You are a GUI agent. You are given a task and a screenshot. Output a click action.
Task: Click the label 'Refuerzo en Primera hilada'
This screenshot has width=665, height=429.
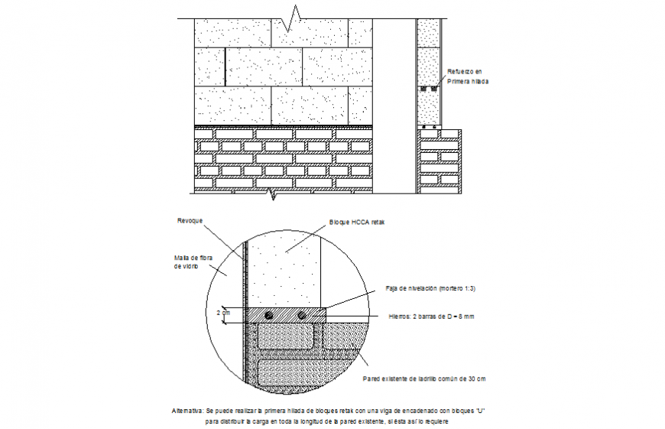pyautogui.click(x=467, y=76)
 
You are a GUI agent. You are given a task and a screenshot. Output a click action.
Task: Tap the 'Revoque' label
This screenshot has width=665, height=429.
pyautogui.click(x=190, y=220)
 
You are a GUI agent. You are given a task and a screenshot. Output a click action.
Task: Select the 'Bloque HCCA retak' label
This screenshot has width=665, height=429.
pyautogui.click(x=358, y=223)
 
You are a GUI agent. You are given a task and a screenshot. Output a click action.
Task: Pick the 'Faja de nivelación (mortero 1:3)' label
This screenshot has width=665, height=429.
pyautogui.click(x=430, y=288)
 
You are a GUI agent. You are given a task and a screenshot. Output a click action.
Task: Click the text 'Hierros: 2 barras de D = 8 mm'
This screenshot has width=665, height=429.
pyautogui.click(x=432, y=316)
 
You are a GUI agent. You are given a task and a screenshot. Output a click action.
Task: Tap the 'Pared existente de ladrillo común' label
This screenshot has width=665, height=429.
pyautogui.click(x=423, y=379)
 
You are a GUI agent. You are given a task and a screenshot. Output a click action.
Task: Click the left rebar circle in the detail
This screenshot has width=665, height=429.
pyautogui.click(x=269, y=315)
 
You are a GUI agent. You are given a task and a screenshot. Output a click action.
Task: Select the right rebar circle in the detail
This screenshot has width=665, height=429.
pyautogui.click(x=303, y=315)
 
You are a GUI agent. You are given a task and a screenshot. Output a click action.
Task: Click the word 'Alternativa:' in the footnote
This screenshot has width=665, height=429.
pyautogui.click(x=187, y=411)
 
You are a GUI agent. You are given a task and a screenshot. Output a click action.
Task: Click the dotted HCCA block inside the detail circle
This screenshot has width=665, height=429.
pyautogui.click(x=284, y=268)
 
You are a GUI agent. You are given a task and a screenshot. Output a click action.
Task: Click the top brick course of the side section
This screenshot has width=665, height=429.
pyautogui.click(x=440, y=135)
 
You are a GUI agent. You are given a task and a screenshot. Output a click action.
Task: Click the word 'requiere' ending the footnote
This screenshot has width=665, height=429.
pyautogui.click(x=434, y=421)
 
